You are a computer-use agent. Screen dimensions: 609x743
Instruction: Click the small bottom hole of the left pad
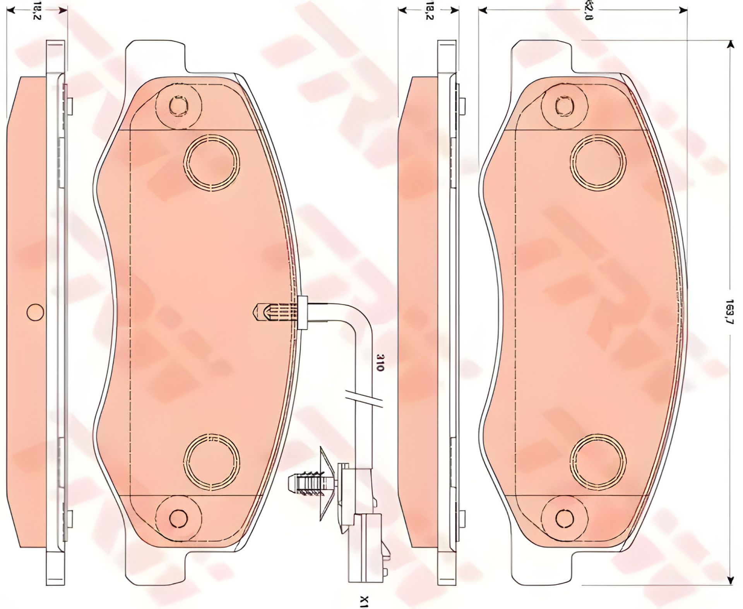click(x=178, y=517)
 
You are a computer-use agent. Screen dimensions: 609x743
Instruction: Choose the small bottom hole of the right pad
click(x=565, y=517)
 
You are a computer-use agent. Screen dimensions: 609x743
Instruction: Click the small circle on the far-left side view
click(x=35, y=311)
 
